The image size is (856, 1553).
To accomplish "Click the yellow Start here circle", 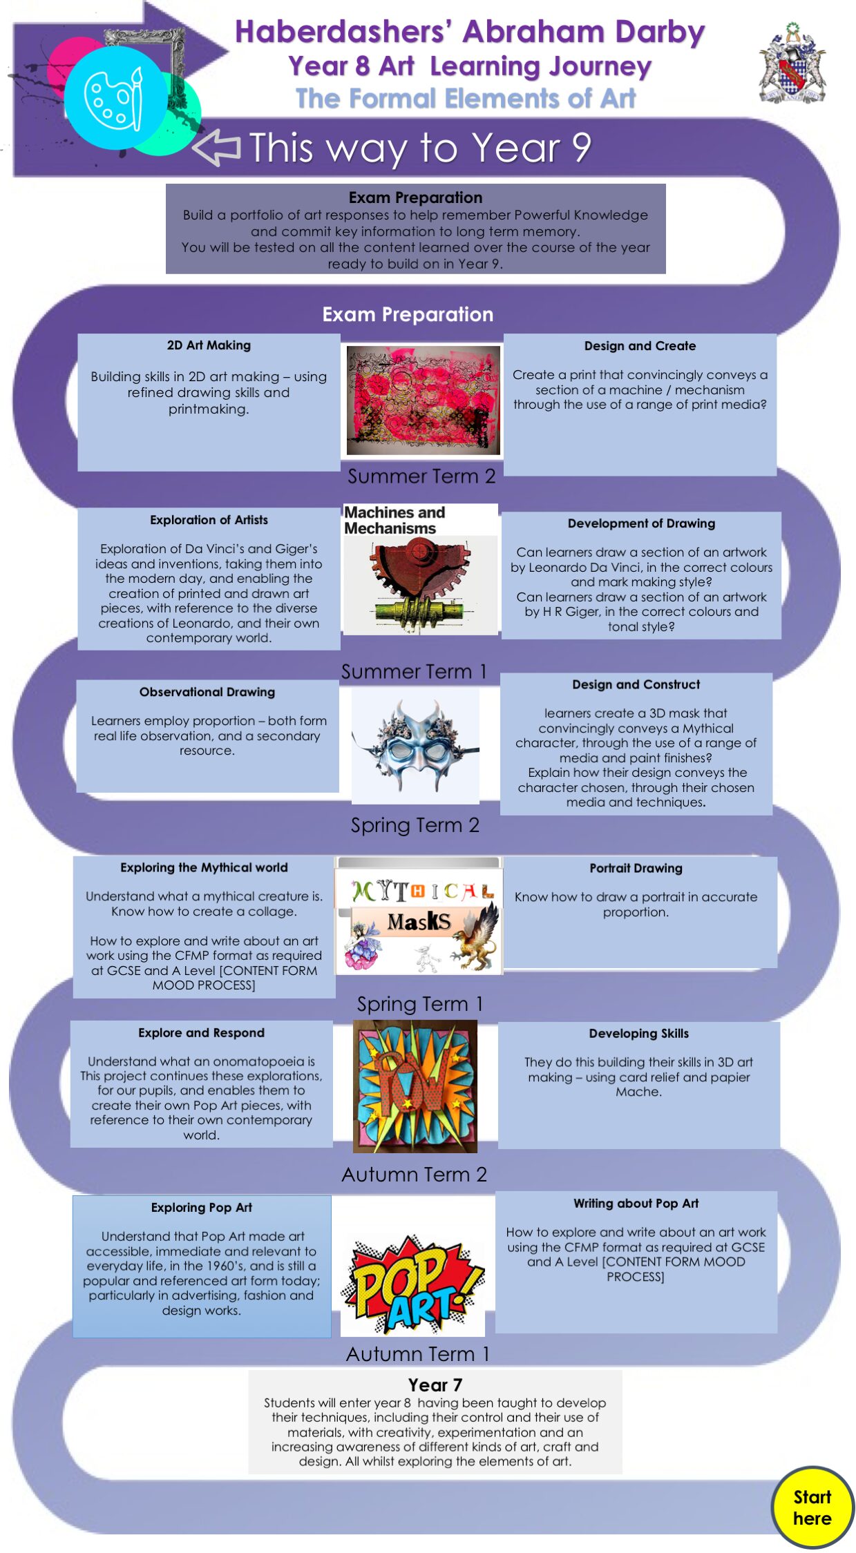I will (x=812, y=1507).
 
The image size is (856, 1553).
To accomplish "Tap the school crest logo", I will (x=792, y=64).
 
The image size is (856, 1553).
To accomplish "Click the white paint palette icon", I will (x=114, y=97).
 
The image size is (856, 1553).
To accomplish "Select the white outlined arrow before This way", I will (x=216, y=146).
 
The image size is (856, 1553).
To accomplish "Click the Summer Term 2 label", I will (x=421, y=476).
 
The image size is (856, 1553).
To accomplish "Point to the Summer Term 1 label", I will (x=415, y=671).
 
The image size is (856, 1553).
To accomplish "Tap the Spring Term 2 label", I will (x=415, y=825).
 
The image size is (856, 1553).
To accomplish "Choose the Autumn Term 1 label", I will (x=418, y=1354).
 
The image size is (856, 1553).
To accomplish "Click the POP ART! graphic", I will (x=413, y=1284).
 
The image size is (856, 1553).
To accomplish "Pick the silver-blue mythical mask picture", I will (x=416, y=746).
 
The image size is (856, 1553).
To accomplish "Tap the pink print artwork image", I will (x=423, y=401).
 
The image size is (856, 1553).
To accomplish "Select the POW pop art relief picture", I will (x=415, y=1086).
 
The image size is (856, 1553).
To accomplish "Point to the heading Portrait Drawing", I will (x=636, y=868).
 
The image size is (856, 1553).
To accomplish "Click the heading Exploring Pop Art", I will (x=202, y=1208).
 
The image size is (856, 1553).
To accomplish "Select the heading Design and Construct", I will (x=636, y=684).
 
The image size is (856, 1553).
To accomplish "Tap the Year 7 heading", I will (x=435, y=1385).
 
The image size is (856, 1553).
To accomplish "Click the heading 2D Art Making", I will (x=209, y=345).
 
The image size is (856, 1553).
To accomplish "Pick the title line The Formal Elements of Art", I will (x=466, y=99).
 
